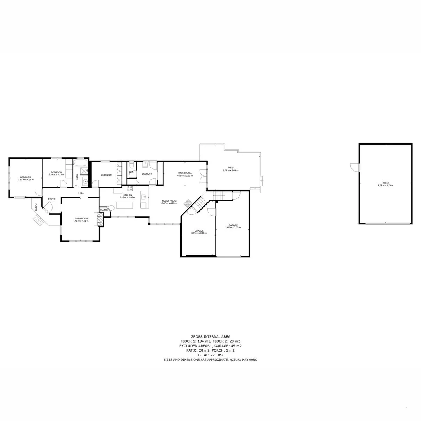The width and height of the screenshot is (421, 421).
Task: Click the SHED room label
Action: point(386,183)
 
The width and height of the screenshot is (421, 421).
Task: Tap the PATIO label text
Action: point(230,168)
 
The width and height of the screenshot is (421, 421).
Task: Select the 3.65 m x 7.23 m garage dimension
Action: point(233,228)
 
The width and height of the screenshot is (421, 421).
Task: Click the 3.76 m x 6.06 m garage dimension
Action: point(199,233)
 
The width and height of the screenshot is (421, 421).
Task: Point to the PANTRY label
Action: point(104,210)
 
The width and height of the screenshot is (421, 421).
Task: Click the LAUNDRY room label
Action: point(147,174)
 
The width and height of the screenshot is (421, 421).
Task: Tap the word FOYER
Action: point(52,199)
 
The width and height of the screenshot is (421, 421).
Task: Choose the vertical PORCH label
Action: point(37,207)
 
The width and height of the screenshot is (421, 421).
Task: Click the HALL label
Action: point(81,193)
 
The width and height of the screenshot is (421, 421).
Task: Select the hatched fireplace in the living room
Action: point(99,219)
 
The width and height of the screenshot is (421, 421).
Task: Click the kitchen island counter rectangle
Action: point(124,205)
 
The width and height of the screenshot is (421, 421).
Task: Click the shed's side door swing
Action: point(354,167)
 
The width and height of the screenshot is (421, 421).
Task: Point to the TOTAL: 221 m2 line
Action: point(210,355)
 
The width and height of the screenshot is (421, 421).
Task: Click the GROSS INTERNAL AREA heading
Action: point(210,336)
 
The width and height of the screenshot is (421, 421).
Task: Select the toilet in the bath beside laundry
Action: point(131,166)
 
